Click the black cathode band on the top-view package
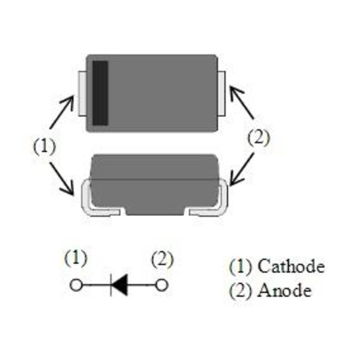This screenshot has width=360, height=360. point(100,93)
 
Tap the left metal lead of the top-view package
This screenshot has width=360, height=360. point(82,94)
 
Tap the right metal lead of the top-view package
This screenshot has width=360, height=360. point(222,94)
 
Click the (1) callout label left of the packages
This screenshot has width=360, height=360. point(45,146)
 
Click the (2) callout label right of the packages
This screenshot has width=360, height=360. point(258,138)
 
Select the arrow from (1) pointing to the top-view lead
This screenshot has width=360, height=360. point(62,112)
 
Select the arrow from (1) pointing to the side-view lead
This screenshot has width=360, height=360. point(62,178)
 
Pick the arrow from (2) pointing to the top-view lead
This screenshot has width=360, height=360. point(242,102)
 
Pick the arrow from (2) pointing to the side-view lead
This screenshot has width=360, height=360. point(242,169)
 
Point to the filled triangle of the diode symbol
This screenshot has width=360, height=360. point(120,285)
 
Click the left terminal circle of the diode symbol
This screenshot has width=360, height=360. point(76,285)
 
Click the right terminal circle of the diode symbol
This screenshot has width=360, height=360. point(162,285)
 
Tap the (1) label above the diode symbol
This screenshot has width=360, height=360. point(76,258)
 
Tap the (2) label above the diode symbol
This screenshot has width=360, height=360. point(162,258)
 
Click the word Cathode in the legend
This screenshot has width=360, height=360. point(291,266)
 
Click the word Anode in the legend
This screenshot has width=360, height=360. point(285,290)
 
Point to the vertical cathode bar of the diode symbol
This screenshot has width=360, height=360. point(111,285)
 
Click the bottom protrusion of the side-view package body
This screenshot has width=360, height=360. point(155,211)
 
